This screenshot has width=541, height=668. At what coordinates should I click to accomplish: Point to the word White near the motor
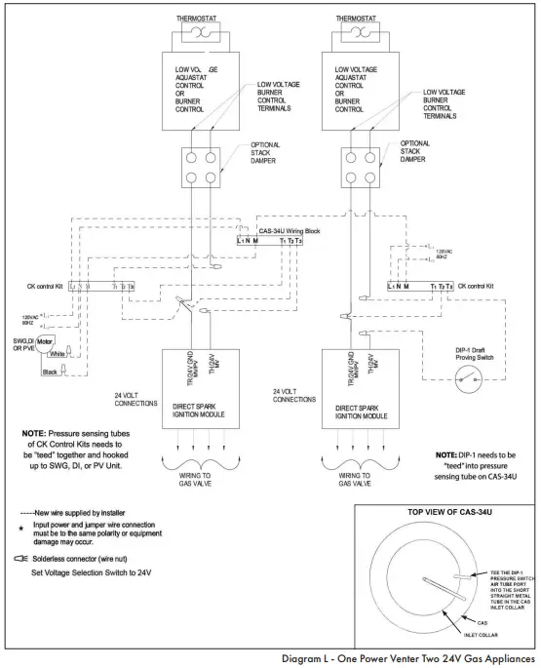pos(58,355)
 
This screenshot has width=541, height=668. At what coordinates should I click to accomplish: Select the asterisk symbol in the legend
pos(22,528)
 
